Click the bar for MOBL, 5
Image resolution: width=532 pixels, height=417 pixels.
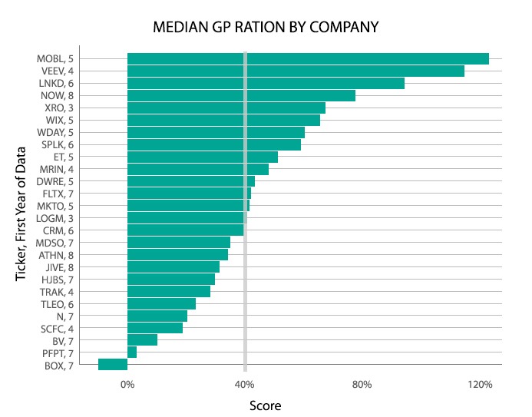coord(307,58)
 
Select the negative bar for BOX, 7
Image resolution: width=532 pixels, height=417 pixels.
coord(113,365)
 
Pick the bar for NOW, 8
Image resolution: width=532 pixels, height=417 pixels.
coord(241,95)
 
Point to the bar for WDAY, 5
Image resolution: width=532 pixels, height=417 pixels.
coord(216,132)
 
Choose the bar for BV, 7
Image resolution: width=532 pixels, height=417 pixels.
coord(142,340)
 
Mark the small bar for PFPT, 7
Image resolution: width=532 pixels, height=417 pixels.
coord(132,352)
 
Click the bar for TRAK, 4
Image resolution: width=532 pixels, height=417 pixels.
coord(169,291)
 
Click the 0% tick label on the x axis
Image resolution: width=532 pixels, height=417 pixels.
coord(127,384)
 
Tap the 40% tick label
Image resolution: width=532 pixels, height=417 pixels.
coord(244,384)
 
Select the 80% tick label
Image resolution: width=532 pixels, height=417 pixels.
coord(362,384)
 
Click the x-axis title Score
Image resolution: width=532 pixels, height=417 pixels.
coord(266,405)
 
